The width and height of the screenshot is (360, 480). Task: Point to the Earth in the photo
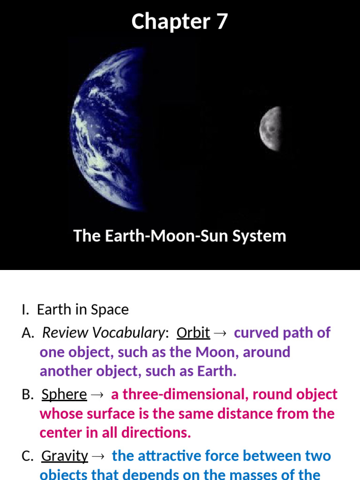[111, 129]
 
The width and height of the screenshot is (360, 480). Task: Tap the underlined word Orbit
[193, 333]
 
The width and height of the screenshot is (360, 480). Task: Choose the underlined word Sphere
[64, 395]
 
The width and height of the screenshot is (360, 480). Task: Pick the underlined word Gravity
[65, 456]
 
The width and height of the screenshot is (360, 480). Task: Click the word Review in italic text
[65, 333]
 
